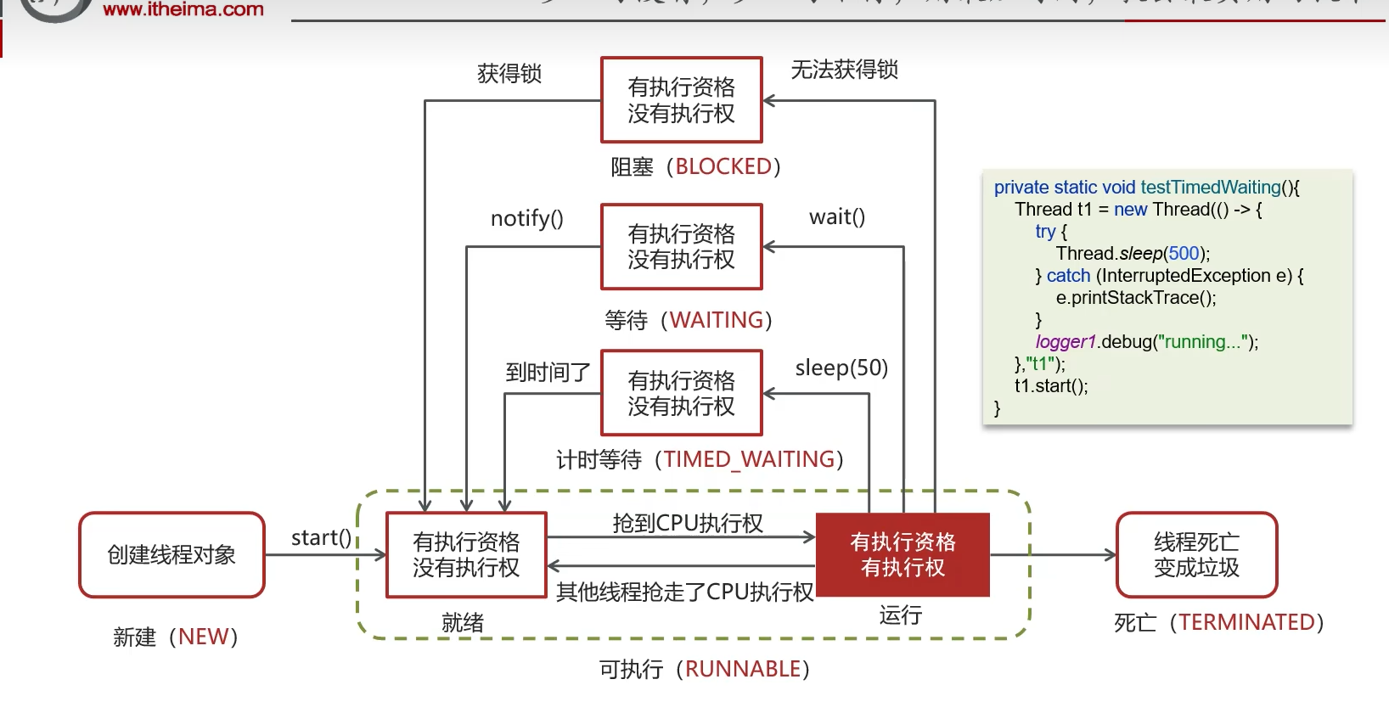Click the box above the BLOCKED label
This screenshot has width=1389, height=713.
(x=681, y=100)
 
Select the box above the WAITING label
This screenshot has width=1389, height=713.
(x=681, y=247)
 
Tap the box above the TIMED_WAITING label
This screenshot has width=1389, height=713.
(x=681, y=393)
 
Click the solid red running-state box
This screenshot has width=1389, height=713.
(x=903, y=555)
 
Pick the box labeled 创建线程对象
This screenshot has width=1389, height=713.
(x=172, y=555)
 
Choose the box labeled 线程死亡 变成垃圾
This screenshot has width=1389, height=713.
(x=1196, y=555)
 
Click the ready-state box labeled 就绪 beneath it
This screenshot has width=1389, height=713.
(x=466, y=555)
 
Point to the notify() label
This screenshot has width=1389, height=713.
(x=526, y=219)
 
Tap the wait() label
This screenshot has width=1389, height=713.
(x=837, y=217)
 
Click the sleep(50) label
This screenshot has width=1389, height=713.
(x=841, y=368)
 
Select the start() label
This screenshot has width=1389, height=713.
(x=321, y=538)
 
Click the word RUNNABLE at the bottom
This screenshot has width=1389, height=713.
(x=743, y=670)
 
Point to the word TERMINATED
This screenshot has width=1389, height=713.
(x=1246, y=623)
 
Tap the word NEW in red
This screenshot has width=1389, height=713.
(x=203, y=637)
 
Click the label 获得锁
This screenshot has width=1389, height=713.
(x=509, y=74)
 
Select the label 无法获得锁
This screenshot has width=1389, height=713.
(x=844, y=70)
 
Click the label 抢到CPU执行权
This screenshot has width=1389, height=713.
(x=688, y=524)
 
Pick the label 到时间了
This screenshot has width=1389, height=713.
(x=548, y=373)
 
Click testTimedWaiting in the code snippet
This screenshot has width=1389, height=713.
(x=1210, y=188)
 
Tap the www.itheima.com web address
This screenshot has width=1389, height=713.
(x=183, y=10)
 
